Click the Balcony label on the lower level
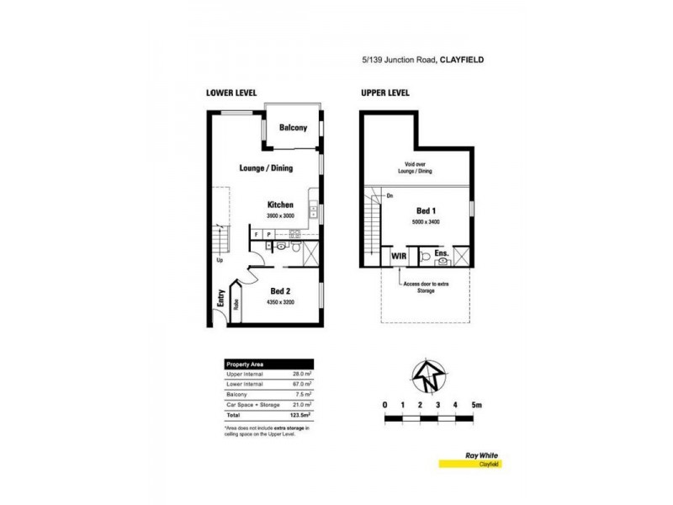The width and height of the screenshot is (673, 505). click(x=293, y=128)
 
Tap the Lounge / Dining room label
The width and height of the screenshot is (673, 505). click(x=265, y=168)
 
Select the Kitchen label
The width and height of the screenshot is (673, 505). click(x=280, y=205)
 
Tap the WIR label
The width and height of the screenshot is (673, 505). click(x=398, y=255)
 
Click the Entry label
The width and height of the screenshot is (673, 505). click(x=220, y=299)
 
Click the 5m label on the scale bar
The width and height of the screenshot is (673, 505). click(x=476, y=406)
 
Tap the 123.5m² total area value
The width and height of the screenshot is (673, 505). click(x=300, y=415)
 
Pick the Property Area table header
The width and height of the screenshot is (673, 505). click(x=244, y=363)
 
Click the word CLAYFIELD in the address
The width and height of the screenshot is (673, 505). click(x=462, y=60)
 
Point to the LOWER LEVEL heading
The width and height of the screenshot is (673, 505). click(x=231, y=93)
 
